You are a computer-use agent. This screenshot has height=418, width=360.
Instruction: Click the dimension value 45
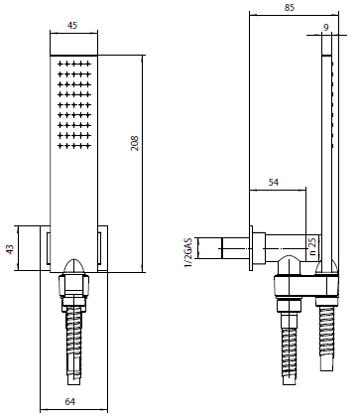(71, 25)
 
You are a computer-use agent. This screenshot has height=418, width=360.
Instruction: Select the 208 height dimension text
(135, 143)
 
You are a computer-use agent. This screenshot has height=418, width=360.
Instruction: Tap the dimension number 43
(10, 249)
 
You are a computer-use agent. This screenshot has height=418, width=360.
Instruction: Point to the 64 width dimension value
(70, 402)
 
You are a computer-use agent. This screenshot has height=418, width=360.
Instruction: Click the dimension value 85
(290, 7)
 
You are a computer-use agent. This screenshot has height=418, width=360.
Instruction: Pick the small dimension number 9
(326, 27)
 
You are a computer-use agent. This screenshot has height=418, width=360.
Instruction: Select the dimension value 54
(274, 183)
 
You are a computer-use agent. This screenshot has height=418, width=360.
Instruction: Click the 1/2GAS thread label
(188, 252)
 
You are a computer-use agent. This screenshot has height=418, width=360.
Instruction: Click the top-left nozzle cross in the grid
(60, 64)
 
